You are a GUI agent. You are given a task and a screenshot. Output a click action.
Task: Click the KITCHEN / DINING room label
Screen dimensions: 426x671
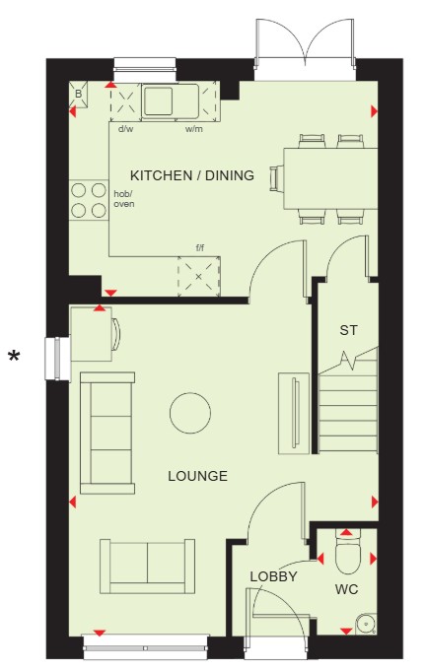click(192, 175)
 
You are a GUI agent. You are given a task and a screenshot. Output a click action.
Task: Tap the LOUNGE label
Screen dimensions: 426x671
click(197, 476)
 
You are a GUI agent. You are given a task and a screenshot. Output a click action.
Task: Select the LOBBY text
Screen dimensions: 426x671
click(273, 576)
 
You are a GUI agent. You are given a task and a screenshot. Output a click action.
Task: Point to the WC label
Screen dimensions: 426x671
click(347, 589)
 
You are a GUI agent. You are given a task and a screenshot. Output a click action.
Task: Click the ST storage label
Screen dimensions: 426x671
click(348, 330)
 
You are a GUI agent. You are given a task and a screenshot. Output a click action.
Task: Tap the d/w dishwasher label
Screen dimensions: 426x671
click(125, 129)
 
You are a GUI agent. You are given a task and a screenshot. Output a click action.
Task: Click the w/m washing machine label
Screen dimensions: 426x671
click(194, 129)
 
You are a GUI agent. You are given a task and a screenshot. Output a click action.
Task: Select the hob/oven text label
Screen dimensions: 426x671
click(124, 199)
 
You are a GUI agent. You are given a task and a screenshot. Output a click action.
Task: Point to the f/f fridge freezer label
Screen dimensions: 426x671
click(199, 248)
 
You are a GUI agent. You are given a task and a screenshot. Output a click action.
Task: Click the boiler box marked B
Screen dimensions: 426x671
click(78, 94)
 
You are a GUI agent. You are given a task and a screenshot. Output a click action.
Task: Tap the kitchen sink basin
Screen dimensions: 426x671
click(159, 101)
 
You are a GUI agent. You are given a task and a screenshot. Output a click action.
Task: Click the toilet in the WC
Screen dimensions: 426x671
click(347, 552)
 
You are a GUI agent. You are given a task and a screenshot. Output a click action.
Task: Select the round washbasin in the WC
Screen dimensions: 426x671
click(367, 624)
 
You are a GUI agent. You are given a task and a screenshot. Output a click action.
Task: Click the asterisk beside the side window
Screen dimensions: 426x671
click(15, 355)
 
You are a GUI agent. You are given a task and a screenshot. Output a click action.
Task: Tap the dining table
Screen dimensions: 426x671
click(330, 178)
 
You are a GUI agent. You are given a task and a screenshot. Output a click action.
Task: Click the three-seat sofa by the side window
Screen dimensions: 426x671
click(107, 433)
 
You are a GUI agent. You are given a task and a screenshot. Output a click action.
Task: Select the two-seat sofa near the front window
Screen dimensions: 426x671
click(147, 567)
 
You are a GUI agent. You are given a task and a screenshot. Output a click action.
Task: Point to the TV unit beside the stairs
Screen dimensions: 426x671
click(294, 414)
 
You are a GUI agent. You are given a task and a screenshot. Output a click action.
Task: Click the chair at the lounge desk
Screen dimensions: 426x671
click(116, 334)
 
